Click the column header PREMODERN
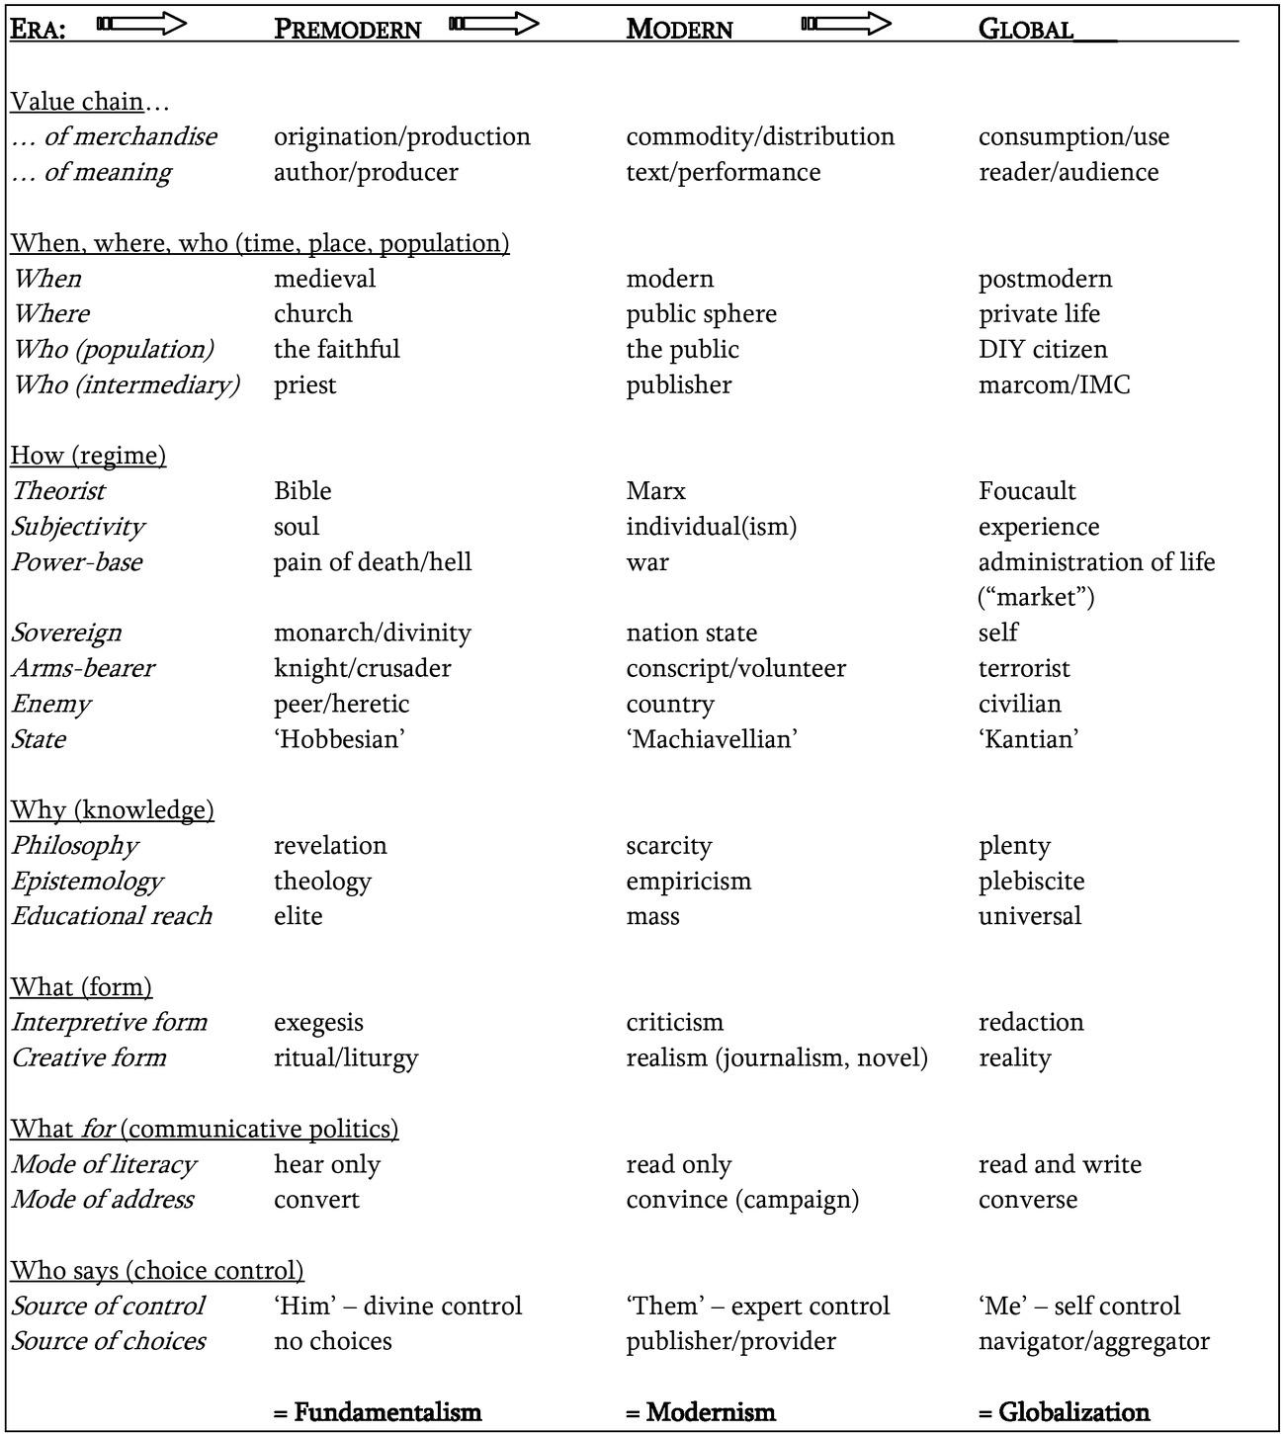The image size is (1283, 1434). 347,29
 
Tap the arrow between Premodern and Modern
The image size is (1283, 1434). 493,24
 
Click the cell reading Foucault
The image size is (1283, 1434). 1026,491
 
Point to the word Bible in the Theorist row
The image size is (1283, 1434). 302,491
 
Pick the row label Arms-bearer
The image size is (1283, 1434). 83,668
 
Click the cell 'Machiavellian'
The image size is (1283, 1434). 712,739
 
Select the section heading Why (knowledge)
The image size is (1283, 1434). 112,810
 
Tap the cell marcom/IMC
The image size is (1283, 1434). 1054,384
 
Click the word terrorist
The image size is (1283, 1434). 1024,668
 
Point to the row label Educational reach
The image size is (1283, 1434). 112,916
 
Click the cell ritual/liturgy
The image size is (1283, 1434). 346,1057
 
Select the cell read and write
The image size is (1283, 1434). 1060,1164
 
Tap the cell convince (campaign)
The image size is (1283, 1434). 742,1200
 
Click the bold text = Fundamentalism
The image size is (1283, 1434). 378,1412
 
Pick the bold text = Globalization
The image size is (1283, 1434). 1064,1412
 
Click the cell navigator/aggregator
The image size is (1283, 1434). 1093,1341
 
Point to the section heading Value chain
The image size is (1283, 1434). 77,101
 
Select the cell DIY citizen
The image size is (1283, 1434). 1043,349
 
